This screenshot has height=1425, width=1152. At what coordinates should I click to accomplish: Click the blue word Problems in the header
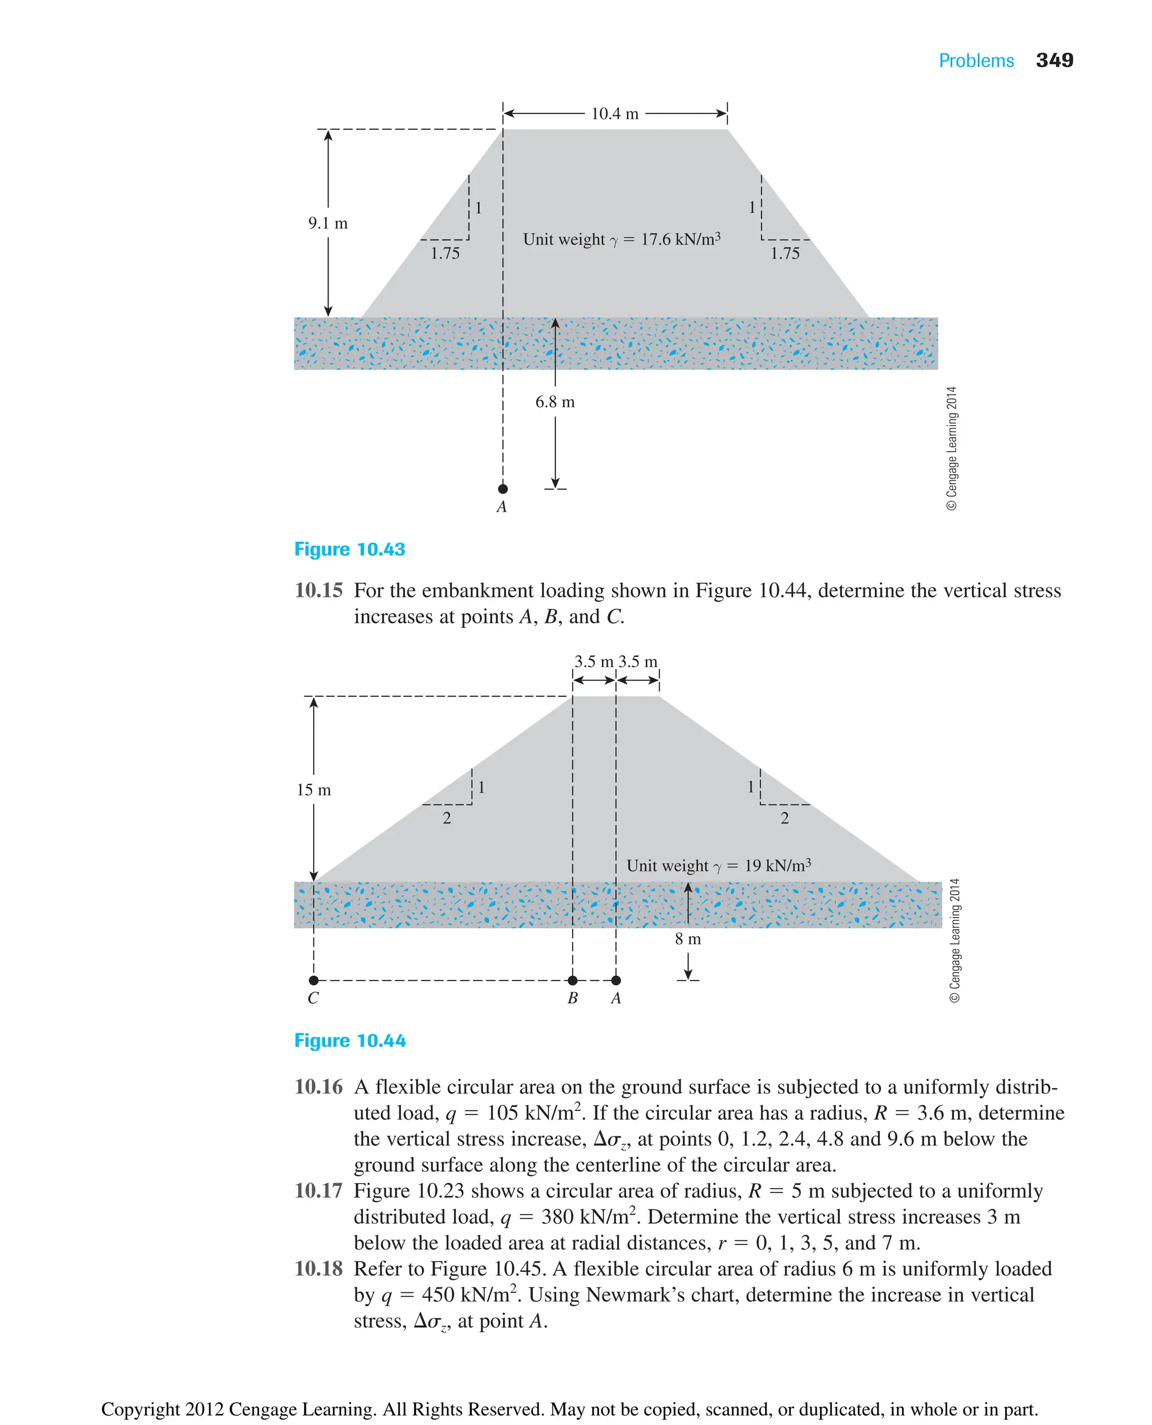[x=975, y=61]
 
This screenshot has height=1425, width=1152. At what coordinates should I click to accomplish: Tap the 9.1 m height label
[x=328, y=223]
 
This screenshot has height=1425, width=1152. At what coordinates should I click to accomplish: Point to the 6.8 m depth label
[x=555, y=402]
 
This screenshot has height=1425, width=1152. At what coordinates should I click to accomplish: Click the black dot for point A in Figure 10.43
[x=503, y=489]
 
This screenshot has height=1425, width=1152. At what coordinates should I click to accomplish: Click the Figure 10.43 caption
[x=350, y=550]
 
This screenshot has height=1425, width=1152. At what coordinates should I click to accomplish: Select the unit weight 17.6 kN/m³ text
[x=621, y=239]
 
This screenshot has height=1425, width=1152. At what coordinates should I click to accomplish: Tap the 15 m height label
[x=313, y=790]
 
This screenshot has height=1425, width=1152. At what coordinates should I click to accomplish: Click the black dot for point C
[x=314, y=981]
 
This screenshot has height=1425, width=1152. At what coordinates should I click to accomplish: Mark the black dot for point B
[x=573, y=981]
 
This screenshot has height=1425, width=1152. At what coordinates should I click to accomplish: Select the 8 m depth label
[x=687, y=939]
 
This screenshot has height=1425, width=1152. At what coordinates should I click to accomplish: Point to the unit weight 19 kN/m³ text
[x=719, y=865]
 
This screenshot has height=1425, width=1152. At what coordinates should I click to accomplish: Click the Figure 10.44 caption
[x=350, y=1041]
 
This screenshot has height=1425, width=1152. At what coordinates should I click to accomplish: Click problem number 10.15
[x=318, y=590]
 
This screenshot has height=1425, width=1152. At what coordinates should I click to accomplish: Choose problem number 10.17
[x=318, y=1191]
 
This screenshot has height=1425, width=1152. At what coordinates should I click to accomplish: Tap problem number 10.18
[x=318, y=1269]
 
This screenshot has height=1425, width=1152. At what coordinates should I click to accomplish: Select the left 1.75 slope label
[x=444, y=254]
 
